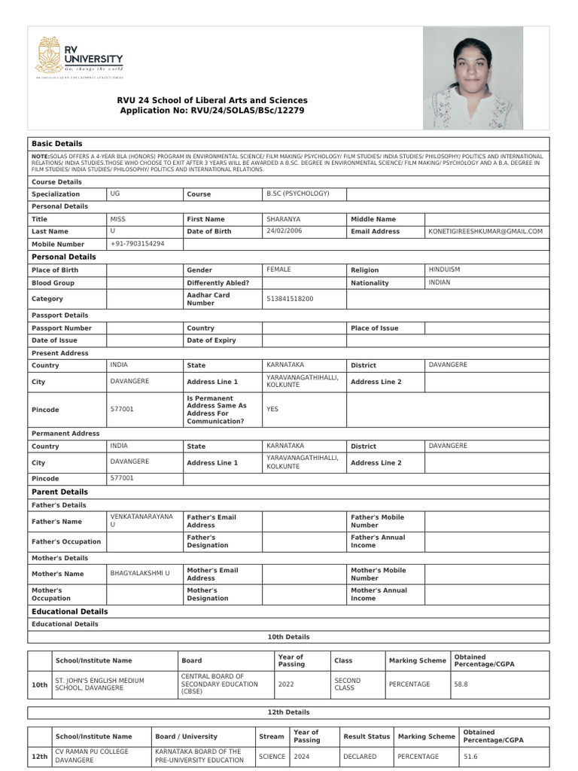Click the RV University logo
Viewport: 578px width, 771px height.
click(x=79, y=56)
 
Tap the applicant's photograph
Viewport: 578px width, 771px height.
click(x=473, y=78)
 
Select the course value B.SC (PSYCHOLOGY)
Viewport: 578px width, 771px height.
click(x=298, y=194)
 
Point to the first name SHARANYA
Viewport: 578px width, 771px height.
click(x=283, y=218)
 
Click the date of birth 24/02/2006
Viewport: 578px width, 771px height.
click(x=284, y=231)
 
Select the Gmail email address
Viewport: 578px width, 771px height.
click(x=485, y=231)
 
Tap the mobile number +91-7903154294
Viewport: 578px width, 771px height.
click(x=137, y=244)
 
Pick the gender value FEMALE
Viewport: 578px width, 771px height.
click(x=278, y=270)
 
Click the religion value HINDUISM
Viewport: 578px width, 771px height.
click(x=444, y=270)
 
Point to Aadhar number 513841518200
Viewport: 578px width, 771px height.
click(x=290, y=299)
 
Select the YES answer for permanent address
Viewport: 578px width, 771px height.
click(x=272, y=410)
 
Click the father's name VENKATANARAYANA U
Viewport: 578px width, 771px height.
click(x=141, y=520)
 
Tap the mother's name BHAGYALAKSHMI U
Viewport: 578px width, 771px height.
click(x=140, y=574)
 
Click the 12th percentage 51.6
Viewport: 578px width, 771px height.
click(x=470, y=756)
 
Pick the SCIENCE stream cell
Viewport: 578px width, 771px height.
click(x=272, y=756)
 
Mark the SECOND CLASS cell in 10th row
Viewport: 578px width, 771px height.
click(x=348, y=684)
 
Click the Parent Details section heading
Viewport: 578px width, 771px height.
click(x=59, y=492)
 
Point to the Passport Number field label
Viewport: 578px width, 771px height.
click(x=62, y=328)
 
